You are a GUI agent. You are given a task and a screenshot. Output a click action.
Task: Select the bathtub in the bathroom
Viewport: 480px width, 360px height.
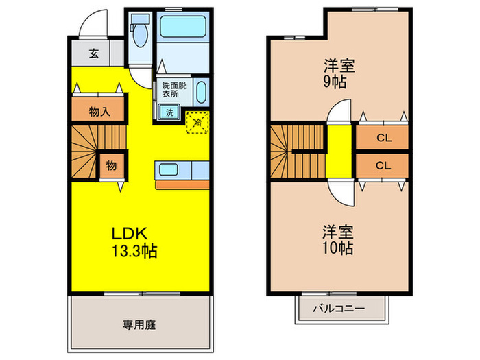[183, 27]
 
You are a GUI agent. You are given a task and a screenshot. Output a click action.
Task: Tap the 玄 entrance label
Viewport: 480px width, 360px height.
[94, 54]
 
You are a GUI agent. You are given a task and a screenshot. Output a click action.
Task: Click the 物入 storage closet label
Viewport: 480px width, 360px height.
[100, 112]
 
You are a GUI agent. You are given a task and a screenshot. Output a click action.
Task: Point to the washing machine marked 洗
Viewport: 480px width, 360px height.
[169, 112]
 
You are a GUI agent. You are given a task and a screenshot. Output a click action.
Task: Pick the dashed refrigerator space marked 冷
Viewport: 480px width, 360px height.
[197, 123]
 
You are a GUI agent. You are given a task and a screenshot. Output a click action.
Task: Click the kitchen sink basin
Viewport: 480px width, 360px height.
[169, 169]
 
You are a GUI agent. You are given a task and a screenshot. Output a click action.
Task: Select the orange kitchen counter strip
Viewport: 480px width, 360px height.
[182, 185]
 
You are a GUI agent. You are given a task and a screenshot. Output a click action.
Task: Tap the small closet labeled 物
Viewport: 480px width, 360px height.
[111, 166]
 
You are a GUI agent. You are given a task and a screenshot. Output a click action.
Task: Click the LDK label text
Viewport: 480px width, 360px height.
[130, 234]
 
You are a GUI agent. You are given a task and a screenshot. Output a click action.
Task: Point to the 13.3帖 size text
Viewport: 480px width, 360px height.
[134, 251]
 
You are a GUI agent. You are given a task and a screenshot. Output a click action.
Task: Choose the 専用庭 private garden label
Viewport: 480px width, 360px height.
[139, 325]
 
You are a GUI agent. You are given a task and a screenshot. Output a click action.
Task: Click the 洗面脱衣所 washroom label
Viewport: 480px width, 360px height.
[174, 89]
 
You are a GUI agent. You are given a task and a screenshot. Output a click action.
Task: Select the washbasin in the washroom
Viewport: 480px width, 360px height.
[201, 92]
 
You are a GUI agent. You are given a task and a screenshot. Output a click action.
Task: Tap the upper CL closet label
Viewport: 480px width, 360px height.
[384, 138]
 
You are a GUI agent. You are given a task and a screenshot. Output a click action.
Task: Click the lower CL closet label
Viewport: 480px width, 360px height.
[383, 166]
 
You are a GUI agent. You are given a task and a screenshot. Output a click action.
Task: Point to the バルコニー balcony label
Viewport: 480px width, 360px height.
[339, 308]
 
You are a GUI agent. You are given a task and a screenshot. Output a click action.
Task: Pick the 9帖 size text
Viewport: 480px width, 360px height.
[335, 82]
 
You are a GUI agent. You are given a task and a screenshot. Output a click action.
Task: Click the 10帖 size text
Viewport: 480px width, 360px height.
[337, 248]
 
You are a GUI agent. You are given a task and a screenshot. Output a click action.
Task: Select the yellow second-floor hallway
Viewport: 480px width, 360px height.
[339, 151]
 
